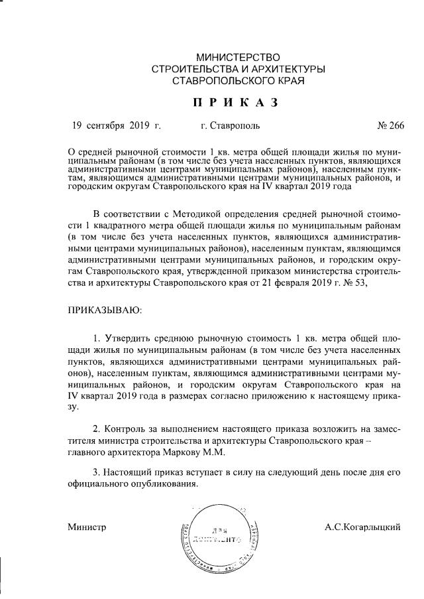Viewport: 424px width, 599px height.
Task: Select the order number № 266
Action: point(390,125)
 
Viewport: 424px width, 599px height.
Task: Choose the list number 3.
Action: point(96,472)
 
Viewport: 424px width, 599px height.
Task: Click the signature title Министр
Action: point(87,527)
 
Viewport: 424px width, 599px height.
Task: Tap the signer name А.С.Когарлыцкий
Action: point(362,527)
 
